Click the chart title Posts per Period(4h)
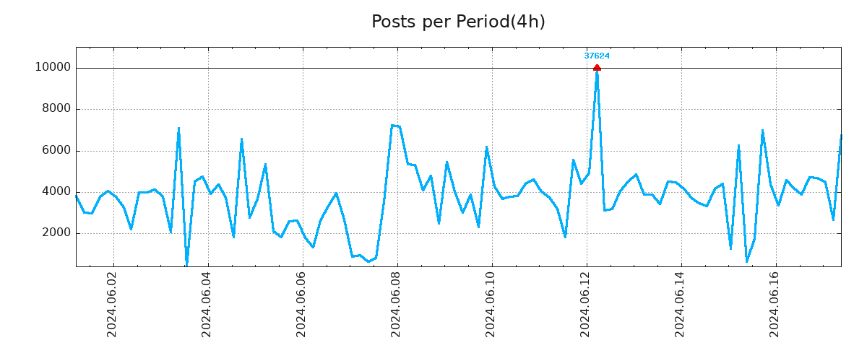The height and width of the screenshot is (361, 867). [x=458, y=22]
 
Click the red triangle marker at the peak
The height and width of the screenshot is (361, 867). [x=597, y=67]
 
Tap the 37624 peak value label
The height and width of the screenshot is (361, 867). [x=597, y=56]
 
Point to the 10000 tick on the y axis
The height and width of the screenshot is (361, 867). [x=53, y=68]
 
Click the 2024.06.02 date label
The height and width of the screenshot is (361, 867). [x=112, y=304]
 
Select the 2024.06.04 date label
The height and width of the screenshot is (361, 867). [x=207, y=304]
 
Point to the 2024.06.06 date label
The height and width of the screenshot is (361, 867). [x=301, y=304]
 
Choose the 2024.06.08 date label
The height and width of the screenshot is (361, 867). [x=396, y=304]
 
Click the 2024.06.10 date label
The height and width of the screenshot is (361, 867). [x=491, y=304]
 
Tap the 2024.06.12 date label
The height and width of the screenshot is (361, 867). [x=586, y=304]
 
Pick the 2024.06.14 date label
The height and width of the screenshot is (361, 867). [x=681, y=304]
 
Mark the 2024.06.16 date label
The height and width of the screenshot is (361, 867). [x=775, y=304]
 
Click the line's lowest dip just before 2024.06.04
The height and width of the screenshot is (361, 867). [x=186, y=264]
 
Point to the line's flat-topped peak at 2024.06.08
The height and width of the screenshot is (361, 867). [x=395, y=126]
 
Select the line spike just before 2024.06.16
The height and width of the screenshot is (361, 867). [x=762, y=131]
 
